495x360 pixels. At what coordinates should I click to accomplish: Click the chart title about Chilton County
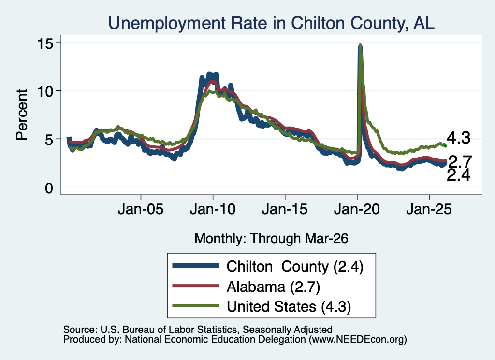point(271,23)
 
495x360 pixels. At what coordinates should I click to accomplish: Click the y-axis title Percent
point(22,115)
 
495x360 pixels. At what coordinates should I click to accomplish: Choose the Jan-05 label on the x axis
point(141,209)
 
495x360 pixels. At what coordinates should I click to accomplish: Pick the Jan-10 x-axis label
point(213,209)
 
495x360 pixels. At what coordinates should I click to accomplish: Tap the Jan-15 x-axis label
point(285,209)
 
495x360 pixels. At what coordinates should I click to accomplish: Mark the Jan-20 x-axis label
point(357,209)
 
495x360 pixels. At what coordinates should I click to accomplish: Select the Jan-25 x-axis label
point(429,209)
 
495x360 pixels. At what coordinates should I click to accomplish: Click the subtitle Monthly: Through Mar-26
point(271,239)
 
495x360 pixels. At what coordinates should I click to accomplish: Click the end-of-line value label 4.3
point(458,138)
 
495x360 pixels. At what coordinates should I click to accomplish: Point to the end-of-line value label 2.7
point(460,162)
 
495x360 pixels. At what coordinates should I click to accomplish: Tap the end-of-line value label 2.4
point(458,175)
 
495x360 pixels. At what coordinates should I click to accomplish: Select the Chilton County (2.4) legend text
point(295,267)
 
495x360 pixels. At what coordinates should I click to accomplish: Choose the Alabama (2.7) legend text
point(274,287)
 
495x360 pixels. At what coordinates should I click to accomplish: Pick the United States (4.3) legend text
point(289,307)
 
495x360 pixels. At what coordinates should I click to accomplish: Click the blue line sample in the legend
point(196,266)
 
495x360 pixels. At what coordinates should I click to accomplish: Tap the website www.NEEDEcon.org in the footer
point(358,340)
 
